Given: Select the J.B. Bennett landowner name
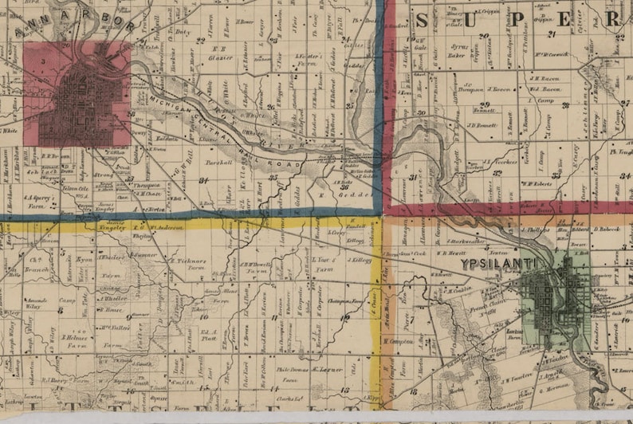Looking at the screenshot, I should click(x=482, y=125).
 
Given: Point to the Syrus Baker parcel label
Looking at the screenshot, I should click(x=457, y=51).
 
